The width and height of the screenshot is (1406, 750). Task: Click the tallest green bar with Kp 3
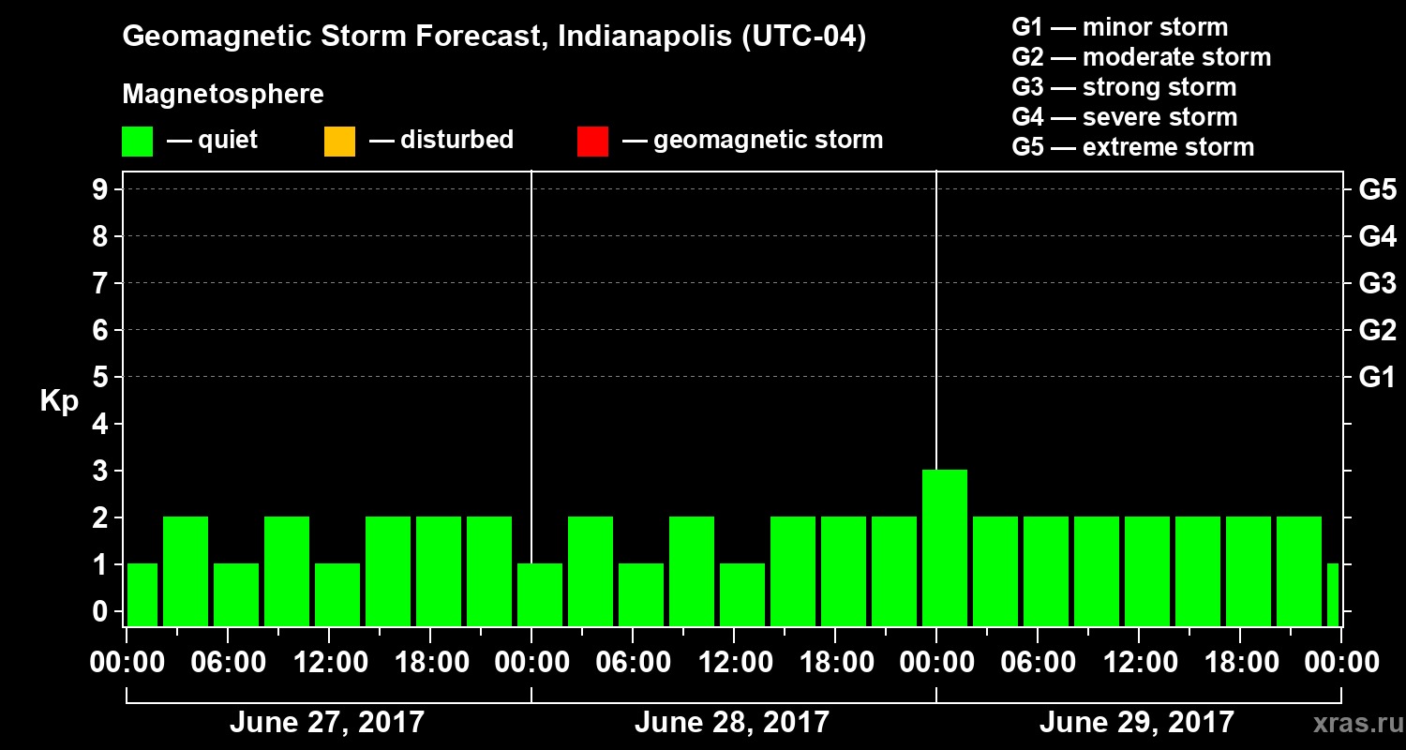click(944, 547)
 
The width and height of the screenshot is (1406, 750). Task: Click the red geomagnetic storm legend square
click(592, 142)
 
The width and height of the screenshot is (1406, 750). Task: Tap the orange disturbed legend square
click(339, 142)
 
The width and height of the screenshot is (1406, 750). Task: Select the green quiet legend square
click(137, 142)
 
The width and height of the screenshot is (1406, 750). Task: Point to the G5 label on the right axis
click(1377, 190)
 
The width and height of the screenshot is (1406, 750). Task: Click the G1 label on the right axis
click(1377, 378)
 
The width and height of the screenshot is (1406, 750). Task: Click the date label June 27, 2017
click(326, 723)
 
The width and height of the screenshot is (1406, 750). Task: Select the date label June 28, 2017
click(731, 723)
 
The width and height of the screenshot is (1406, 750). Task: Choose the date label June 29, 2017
click(1136, 723)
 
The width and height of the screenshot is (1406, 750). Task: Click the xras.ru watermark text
click(1351, 723)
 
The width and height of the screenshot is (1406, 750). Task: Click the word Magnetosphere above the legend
click(222, 95)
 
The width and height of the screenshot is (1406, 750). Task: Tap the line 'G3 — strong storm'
click(1124, 87)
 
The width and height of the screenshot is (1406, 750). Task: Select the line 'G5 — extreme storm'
click(1132, 147)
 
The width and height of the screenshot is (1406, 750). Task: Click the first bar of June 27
click(142, 594)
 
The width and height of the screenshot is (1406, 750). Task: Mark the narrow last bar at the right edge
click(1333, 594)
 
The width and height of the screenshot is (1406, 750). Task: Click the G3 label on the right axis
click(1377, 284)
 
